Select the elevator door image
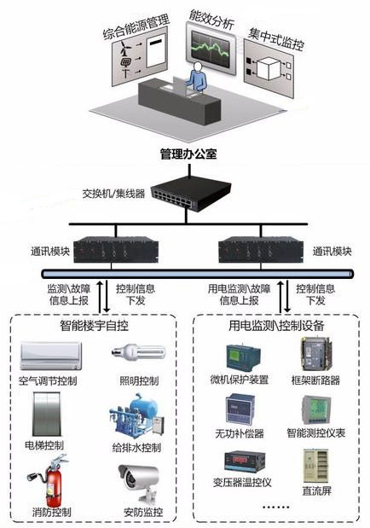point(47,415)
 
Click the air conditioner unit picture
point(51,356)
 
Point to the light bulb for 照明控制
point(139,351)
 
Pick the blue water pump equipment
point(136,416)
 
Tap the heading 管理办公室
point(188,154)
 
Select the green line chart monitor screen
point(211,48)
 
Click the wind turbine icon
point(125,48)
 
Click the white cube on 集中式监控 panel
point(268,68)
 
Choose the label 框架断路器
point(315,380)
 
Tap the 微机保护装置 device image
point(244,357)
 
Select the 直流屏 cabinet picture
point(315,466)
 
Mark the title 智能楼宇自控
point(95,326)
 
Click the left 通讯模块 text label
point(50,251)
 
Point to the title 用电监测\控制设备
point(276,326)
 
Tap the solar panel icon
point(126,62)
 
